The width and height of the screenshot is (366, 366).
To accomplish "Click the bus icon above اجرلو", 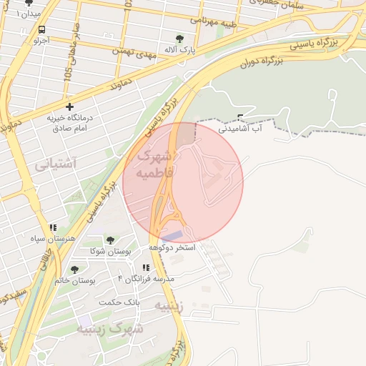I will pyautogui.click(x=41, y=30).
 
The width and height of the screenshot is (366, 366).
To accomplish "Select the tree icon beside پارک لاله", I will pyautogui.click(x=179, y=39).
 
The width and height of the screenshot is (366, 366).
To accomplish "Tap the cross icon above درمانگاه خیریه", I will pyautogui.click(x=69, y=106).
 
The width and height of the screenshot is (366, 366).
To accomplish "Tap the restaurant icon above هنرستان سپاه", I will pyautogui.click(x=53, y=227).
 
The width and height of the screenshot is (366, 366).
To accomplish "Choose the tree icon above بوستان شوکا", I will pyautogui.click(x=109, y=240).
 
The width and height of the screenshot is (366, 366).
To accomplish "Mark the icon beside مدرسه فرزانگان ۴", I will pyautogui.click(x=146, y=267).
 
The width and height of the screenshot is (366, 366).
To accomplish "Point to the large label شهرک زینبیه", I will pyautogui.click(x=109, y=329).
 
